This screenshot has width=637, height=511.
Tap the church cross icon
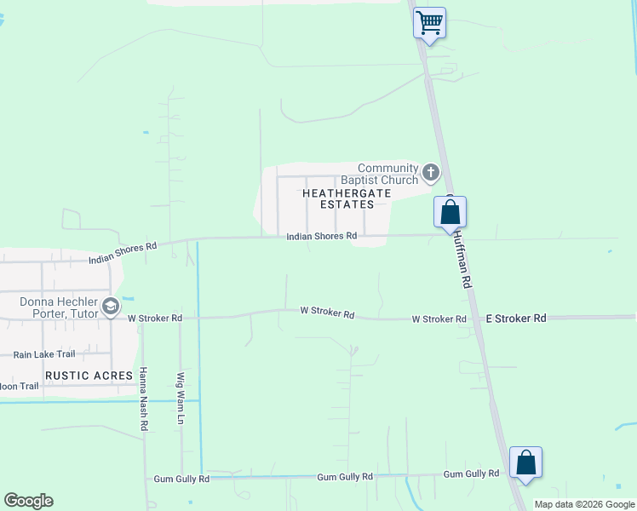[431, 174]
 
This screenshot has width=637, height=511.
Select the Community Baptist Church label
[387, 174]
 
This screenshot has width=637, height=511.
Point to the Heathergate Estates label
[347, 198]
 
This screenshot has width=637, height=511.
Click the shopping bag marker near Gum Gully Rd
[525, 462]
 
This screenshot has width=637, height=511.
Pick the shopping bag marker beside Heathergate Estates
[450, 211]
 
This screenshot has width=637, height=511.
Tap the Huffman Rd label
[462, 259]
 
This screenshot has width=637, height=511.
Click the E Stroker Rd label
[515, 318]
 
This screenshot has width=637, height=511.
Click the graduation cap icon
[110, 307]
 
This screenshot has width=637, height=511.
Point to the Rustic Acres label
[89, 375]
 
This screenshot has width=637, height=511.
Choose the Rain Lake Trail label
[44, 354]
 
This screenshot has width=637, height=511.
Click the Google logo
[28, 501]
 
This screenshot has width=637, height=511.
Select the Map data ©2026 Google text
[585, 504]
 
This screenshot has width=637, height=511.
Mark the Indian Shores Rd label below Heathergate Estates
[321, 236]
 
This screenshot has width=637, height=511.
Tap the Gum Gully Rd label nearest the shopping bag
[471, 474]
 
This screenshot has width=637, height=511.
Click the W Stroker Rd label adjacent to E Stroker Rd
[439, 319]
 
